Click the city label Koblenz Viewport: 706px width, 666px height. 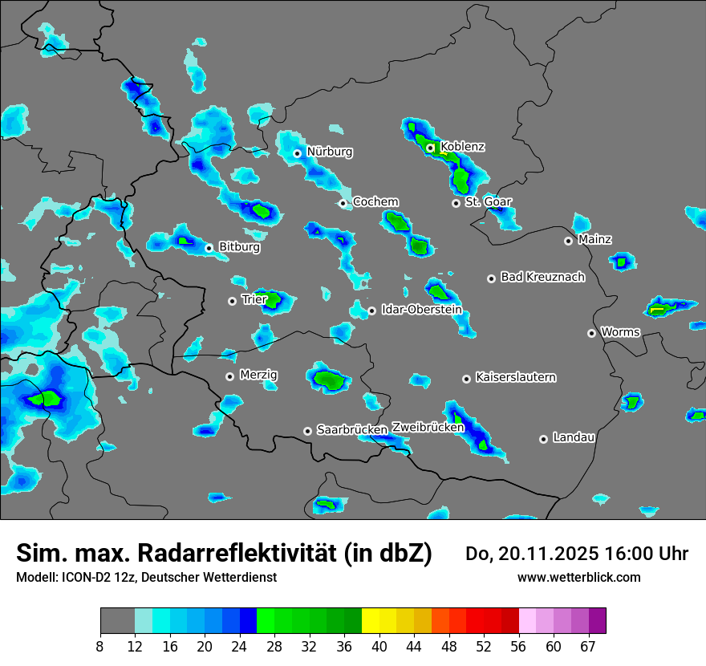[463, 147]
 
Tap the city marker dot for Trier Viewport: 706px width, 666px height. [233, 301]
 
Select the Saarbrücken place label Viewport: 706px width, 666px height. [352, 430]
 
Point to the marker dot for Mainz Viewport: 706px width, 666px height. [569, 241]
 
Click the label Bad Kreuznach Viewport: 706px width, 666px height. [542, 277]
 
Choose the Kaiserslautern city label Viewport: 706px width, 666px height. [515, 377]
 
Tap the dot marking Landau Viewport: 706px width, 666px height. [544, 439]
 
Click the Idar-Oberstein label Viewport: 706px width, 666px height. [421, 310]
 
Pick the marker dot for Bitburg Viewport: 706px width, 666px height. [209, 248]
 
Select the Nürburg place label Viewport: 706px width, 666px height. [330, 152]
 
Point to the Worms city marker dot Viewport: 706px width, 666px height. [592, 333]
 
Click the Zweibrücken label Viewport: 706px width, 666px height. [428, 428]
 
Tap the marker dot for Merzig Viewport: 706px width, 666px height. [230, 376]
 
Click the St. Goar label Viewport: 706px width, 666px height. [488, 201]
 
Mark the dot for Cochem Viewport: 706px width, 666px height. [343, 203]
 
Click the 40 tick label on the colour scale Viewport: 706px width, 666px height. [379, 646]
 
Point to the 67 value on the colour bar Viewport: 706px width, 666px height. [588, 646]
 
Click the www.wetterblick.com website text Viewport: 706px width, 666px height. [579, 577]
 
